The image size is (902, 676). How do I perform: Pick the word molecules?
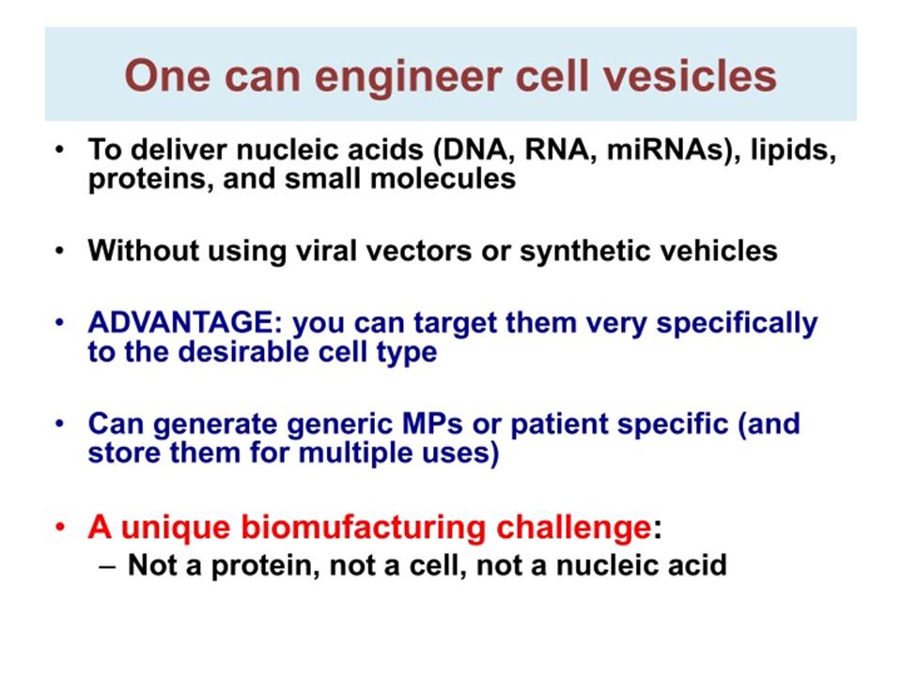click(x=443, y=178)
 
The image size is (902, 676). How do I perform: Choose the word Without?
click(x=144, y=251)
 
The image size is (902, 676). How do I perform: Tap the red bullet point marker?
click(x=60, y=528)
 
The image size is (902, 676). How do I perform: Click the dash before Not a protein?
click(x=107, y=566)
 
